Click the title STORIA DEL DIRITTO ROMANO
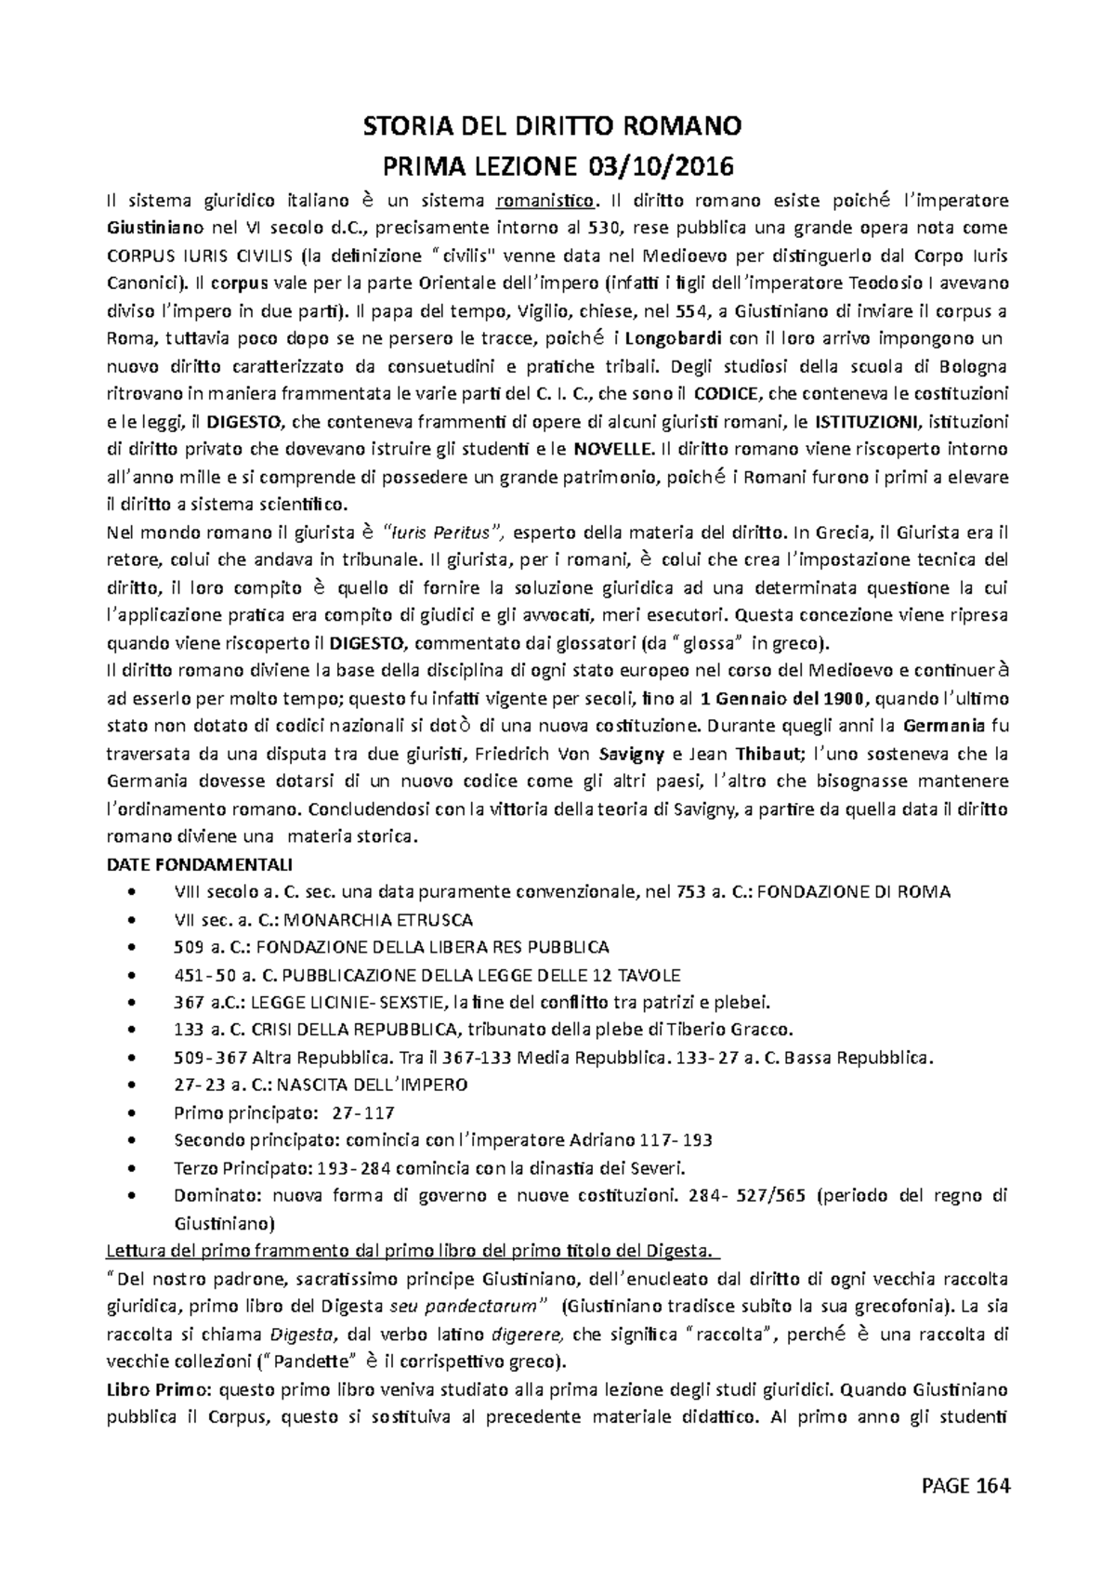557,125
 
